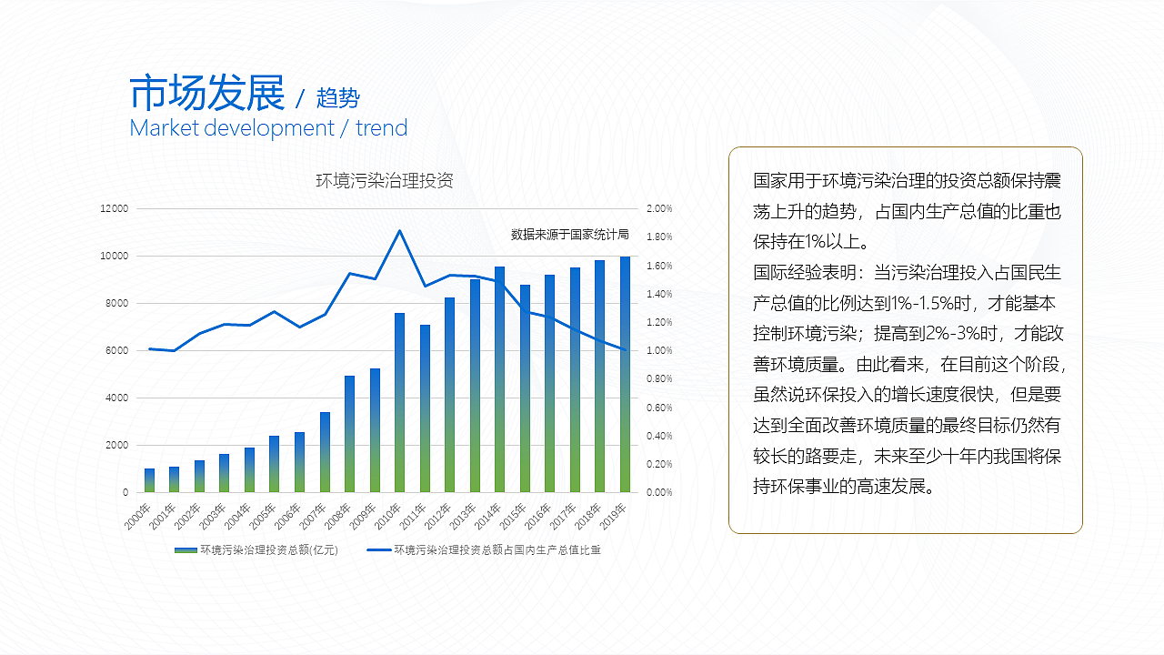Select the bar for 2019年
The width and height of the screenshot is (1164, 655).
(625, 374)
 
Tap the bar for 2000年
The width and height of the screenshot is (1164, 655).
(149, 480)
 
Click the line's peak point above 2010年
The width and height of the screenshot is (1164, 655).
(399, 230)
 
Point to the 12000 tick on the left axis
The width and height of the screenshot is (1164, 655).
(114, 208)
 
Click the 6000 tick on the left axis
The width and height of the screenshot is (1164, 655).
(117, 350)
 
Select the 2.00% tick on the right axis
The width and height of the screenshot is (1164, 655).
(659, 208)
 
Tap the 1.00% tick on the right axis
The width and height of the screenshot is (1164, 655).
(659, 350)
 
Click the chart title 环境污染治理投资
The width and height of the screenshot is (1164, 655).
(385, 180)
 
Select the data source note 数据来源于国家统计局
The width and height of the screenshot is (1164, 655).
(569, 234)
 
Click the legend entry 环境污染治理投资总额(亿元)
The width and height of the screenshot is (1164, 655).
(257, 549)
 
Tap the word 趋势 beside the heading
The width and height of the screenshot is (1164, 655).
(338, 97)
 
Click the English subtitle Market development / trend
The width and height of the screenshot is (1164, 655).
(268, 128)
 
